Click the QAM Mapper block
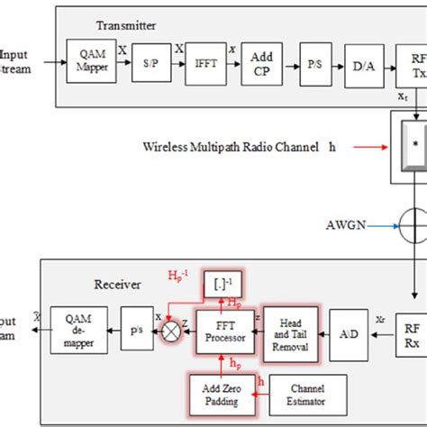pyautogui.click(x=90, y=65)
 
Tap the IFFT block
pyautogui.click(x=205, y=65)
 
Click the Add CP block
pyautogui.click(x=262, y=65)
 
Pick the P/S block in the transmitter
pyautogui.click(x=315, y=65)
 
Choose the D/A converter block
pyautogui.click(x=365, y=65)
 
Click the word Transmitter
pyautogui.click(x=125, y=27)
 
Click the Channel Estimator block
pyautogui.click(x=295, y=394)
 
